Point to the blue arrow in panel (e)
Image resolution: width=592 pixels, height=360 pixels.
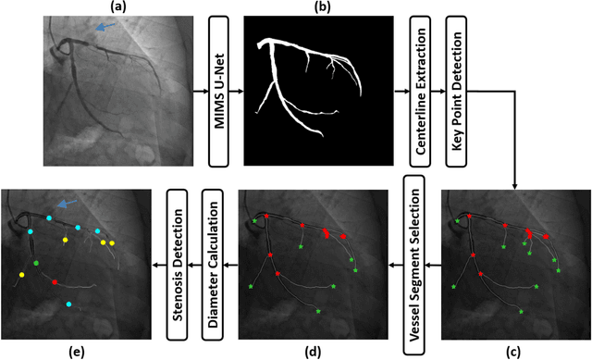[x=65, y=203]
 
